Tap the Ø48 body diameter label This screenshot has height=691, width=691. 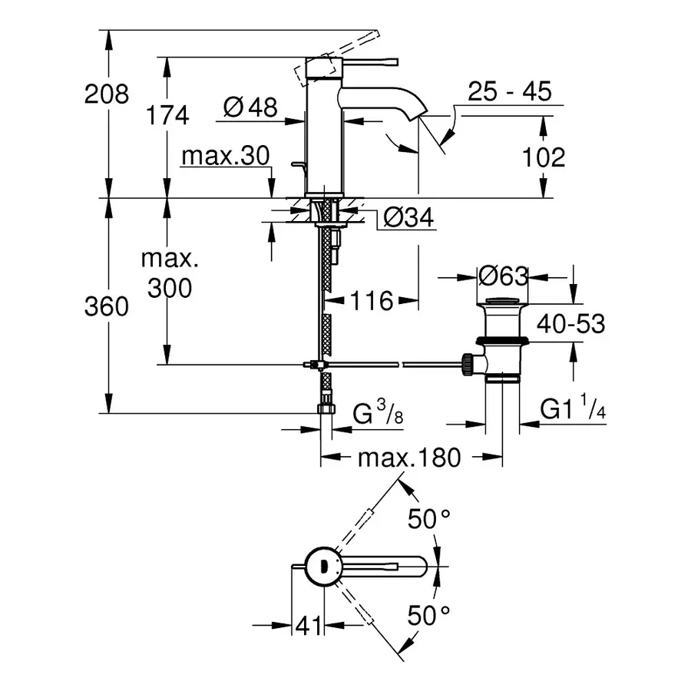(x=250, y=108)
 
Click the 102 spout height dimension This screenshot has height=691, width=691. (x=543, y=157)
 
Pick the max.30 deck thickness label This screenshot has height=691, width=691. (x=226, y=157)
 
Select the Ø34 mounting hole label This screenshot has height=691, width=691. (x=408, y=219)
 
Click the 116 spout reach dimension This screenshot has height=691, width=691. (x=372, y=300)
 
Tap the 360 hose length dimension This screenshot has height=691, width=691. (x=107, y=307)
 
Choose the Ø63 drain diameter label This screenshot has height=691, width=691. (x=502, y=275)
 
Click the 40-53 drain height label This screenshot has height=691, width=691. (x=570, y=324)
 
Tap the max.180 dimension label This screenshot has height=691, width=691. (x=409, y=458)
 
